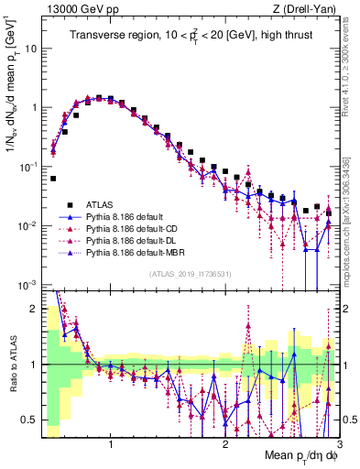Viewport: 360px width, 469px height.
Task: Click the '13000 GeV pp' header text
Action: click(x=77, y=8)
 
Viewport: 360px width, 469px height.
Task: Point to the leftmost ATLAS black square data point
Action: click(x=53, y=179)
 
